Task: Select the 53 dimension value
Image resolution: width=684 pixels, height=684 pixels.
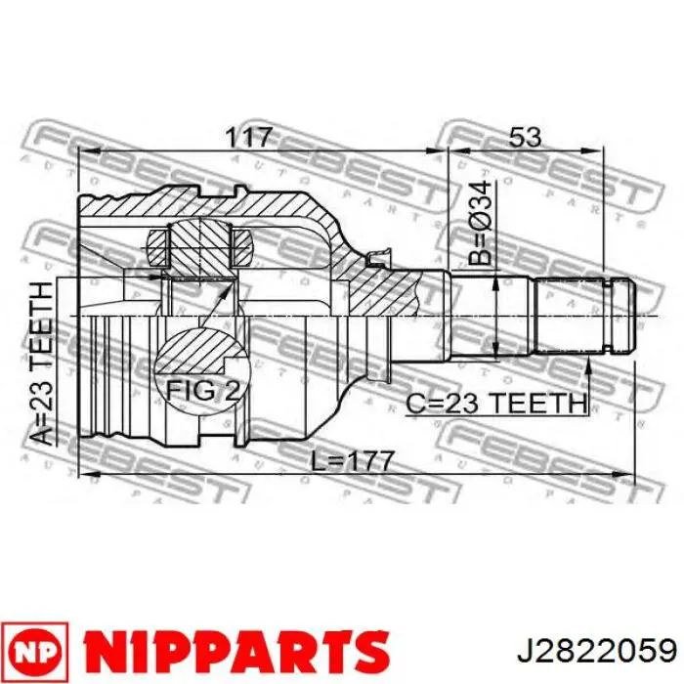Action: point(525,138)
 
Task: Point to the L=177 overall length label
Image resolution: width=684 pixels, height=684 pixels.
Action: point(348,460)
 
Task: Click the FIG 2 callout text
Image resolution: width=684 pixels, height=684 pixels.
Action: point(202,391)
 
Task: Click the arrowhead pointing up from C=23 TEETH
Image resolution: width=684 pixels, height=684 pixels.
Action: point(590,365)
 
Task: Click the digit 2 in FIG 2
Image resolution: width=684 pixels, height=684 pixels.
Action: point(233,391)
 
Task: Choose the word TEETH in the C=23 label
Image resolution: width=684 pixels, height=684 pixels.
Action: point(547,402)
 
